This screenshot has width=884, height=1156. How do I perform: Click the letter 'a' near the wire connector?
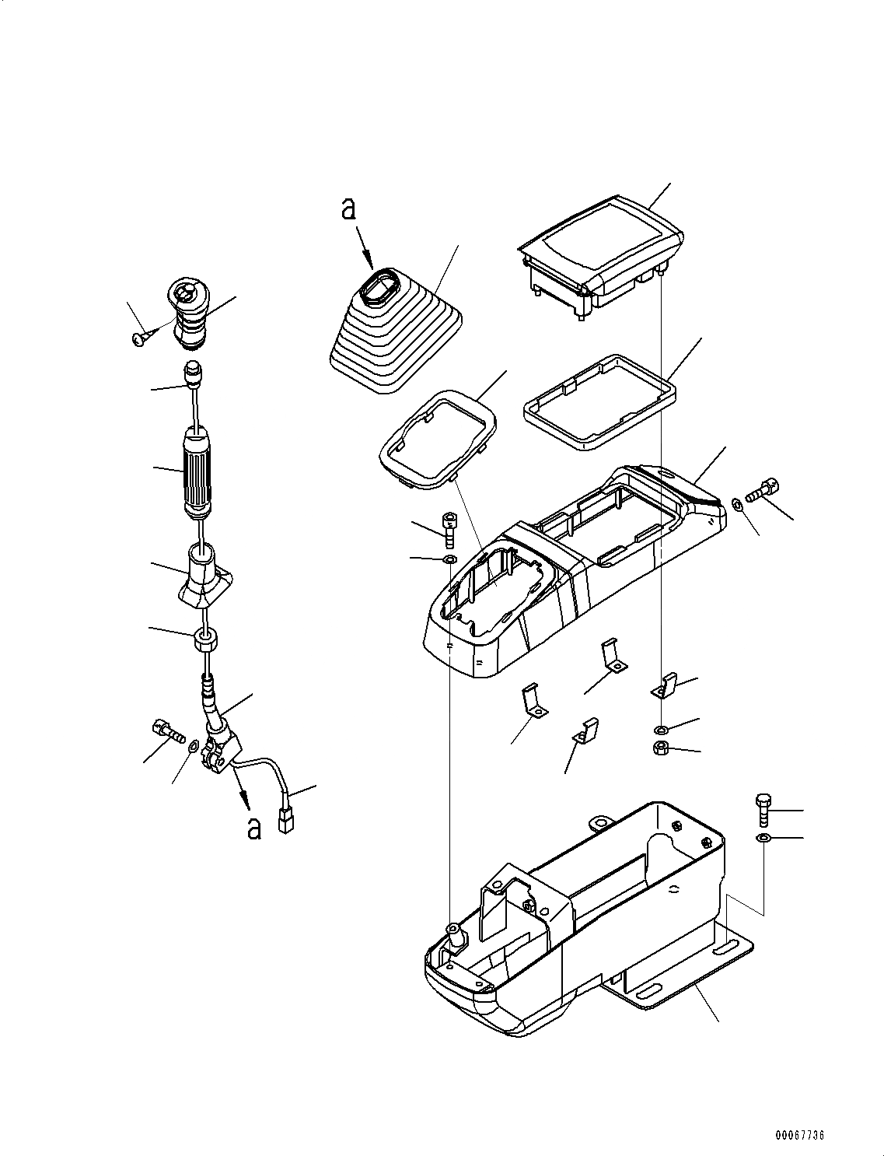(x=253, y=828)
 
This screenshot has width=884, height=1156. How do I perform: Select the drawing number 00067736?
(x=799, y=1135)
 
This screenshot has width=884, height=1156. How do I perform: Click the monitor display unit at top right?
(x=600, y=253)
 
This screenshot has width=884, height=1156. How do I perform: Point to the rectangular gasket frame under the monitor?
(x=598, y=401)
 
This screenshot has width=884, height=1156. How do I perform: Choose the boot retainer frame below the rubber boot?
(x=439, y=440)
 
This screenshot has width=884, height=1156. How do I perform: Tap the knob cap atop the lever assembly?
(x=187, y=313)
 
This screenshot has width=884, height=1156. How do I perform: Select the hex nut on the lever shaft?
(x=205, y=642)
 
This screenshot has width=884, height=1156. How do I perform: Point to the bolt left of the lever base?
(x=163, y=730)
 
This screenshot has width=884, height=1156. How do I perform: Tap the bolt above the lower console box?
(x=763, y=810)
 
